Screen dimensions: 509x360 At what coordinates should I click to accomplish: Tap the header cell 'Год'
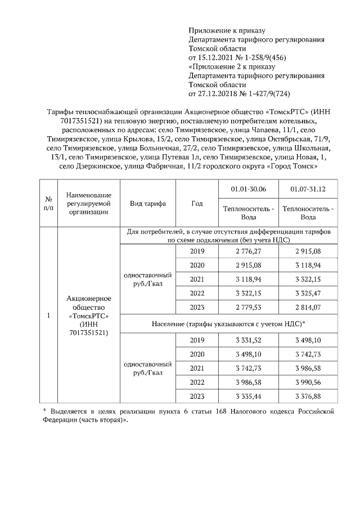pos(197,204)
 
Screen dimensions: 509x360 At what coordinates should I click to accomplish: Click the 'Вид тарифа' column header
pos(147,204)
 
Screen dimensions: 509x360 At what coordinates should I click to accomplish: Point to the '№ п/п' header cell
pos(49,204)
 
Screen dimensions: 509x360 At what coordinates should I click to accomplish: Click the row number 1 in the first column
pos(49,316)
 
